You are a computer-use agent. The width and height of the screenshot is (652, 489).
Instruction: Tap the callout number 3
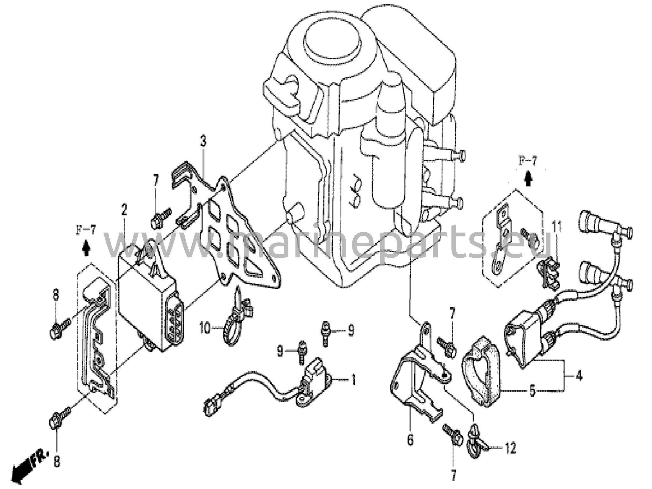(203, 141)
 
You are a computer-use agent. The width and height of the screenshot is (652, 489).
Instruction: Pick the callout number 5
(532, 391)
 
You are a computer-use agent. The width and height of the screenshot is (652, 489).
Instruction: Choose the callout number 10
(205, 328)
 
